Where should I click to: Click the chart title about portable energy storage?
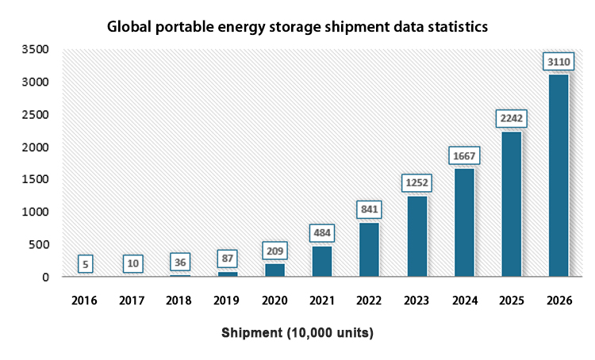[x=297, y=27]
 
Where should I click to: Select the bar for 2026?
[x=558, y=175]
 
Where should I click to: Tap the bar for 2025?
[x=511, y=204]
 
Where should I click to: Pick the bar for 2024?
[x=463, y=222]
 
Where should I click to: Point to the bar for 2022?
[x=369, y=250]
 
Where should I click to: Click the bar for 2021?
[x=321, y=261]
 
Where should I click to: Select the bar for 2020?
[x=274, y=270]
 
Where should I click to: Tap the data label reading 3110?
[x=558, y=61]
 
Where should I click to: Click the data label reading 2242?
[x=511, y=118]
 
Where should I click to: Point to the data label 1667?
[x=463, y=155]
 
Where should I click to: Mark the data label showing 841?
[x=369, y=209]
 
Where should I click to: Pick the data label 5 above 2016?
[x=86, y=263]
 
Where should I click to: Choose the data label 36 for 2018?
[x=180, y=261]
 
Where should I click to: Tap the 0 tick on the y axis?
[x=45, y=277]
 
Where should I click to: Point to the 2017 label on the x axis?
[x=132, y=301]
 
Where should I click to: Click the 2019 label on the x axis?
[x=227, y=301]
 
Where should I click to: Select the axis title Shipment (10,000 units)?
[x=297, y=333]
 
